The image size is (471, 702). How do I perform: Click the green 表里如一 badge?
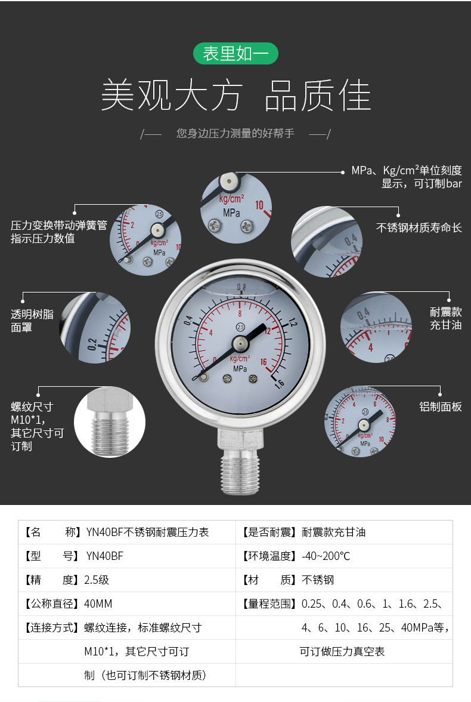point(235,54)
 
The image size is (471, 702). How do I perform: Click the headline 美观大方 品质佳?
point(235,96)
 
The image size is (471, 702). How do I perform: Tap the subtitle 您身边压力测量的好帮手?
point(235,133)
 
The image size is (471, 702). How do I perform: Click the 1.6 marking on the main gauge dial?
point(278,386)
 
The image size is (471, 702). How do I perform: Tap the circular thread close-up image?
point(110,422)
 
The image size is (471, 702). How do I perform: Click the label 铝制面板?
point(441,407)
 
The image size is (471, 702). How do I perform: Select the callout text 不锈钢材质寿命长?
point(419,227)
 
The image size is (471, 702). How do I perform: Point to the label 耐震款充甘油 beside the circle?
point(446,318)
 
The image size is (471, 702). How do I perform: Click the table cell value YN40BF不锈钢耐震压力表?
point(147,532)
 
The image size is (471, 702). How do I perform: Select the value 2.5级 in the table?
point(97,580)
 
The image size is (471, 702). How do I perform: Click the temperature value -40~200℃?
point(326,556)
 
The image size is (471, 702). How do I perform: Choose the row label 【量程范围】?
point(268,604)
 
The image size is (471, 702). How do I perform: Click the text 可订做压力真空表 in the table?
point(342,651)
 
